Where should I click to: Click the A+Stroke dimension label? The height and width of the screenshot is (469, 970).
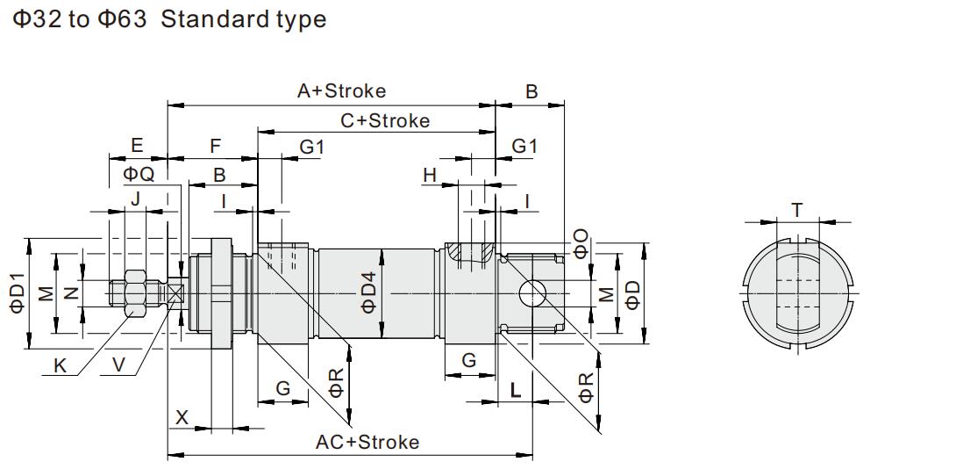coord(341,90)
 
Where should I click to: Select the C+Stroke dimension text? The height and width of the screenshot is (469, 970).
coord(385,120)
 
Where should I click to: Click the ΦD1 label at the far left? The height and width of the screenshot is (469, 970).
coord(18,292)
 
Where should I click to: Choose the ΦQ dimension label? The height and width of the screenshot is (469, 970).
coord(139,174)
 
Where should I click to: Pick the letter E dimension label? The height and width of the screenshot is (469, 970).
coord(136,146)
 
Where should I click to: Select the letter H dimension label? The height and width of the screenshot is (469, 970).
coord(430,176)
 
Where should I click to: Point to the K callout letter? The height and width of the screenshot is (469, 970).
coord(61,366)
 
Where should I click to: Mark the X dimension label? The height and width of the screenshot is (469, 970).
coord(182,417)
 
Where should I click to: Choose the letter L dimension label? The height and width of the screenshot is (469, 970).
coord(516,390)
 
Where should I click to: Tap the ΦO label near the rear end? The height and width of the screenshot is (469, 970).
coord(581,243)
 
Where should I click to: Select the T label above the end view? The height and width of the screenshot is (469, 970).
coord(796,210)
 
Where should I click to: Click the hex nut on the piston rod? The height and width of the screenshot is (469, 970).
coord(135,292)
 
